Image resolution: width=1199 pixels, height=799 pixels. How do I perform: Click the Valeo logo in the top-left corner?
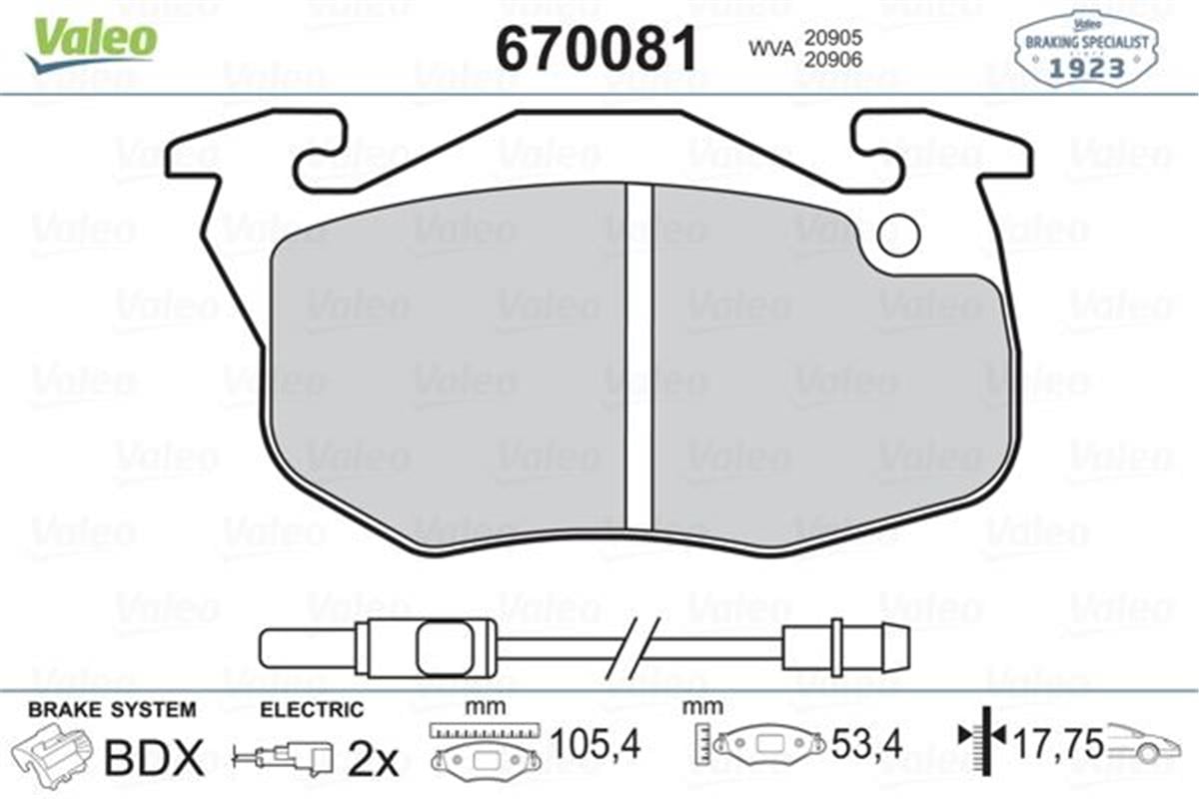pyautogui.click(x=92, y=42)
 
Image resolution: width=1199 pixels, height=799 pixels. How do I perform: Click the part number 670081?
pyautogui.click(x=597, y=46)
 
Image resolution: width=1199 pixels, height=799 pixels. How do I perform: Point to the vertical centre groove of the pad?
pyautogui.click(x=638, y=360)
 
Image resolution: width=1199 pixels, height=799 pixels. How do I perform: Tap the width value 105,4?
pyautogui.click(x=596, y=744)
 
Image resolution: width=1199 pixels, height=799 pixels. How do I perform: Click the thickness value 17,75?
pyautogui.click(x=1059, y=744)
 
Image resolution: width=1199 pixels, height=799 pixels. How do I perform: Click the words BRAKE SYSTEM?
pyautogui.click(x=112, y=710)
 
